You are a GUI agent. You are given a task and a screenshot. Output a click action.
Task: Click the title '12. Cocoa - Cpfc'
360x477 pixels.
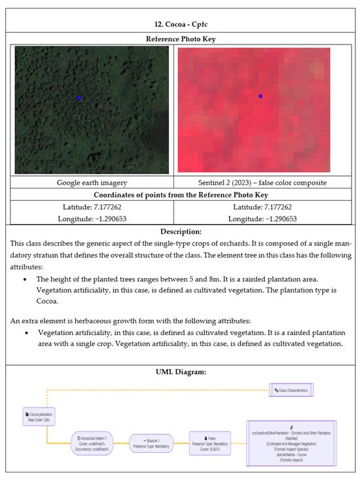click(x=181, y=24)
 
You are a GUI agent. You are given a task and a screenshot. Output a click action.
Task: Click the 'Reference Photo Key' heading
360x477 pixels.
click(x=180, y=39)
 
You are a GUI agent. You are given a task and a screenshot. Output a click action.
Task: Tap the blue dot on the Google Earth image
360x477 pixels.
click(x=79, y=97)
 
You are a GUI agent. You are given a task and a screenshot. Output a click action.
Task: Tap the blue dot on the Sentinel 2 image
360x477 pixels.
click(x=261, y=96)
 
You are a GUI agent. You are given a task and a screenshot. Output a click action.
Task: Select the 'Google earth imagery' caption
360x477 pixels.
click(x=92, y=183)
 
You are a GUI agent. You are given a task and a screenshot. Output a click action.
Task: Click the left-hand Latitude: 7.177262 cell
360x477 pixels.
click(x=92, y=207)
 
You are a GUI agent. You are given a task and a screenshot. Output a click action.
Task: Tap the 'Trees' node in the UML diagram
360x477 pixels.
click(x=209, y=442)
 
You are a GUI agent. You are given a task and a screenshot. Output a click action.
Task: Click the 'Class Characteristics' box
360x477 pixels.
click(x=293, y=390)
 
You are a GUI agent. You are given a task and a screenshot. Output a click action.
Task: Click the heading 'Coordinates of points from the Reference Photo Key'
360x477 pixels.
click(x=180, y=195)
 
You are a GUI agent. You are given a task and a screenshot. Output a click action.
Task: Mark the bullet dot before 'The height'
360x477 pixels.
click(x=24, y=279)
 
